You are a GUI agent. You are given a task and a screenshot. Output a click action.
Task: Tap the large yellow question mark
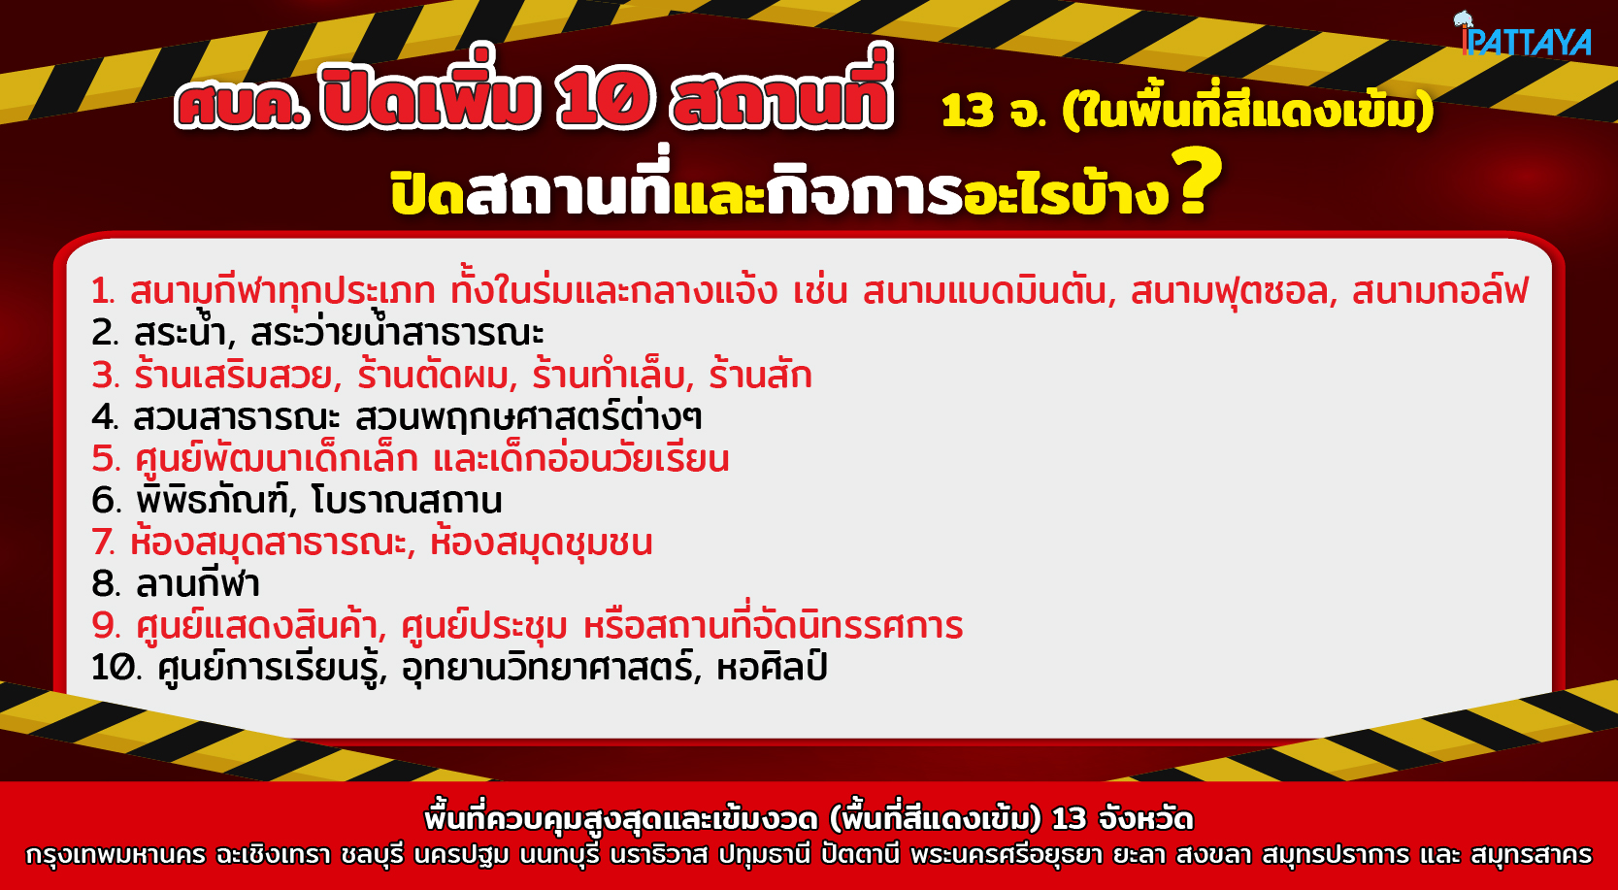[1196, 181]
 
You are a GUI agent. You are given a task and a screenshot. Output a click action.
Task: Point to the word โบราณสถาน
[407, 500]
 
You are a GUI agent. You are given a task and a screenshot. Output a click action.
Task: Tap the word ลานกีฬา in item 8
[197, 583]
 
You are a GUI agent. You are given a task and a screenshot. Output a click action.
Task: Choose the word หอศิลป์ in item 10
[772, 666]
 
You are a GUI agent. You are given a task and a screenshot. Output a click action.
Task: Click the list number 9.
[106, 626]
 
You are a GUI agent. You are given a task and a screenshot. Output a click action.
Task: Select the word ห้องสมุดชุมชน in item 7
[541, 543]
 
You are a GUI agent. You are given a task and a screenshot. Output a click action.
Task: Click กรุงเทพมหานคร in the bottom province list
[116, 855]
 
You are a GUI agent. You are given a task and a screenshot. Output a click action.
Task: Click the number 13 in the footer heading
[1069, 819]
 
